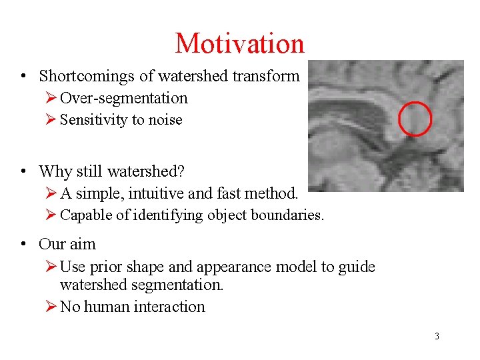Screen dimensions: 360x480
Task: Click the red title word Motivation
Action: click(239, 44)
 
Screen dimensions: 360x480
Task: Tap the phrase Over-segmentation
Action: click(124, 99)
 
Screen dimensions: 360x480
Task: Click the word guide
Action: click(357, 267)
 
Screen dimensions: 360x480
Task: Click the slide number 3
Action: click(437, 336)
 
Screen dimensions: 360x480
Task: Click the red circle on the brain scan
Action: click(415, 119)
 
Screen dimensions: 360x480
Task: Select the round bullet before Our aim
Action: click(23, 244)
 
